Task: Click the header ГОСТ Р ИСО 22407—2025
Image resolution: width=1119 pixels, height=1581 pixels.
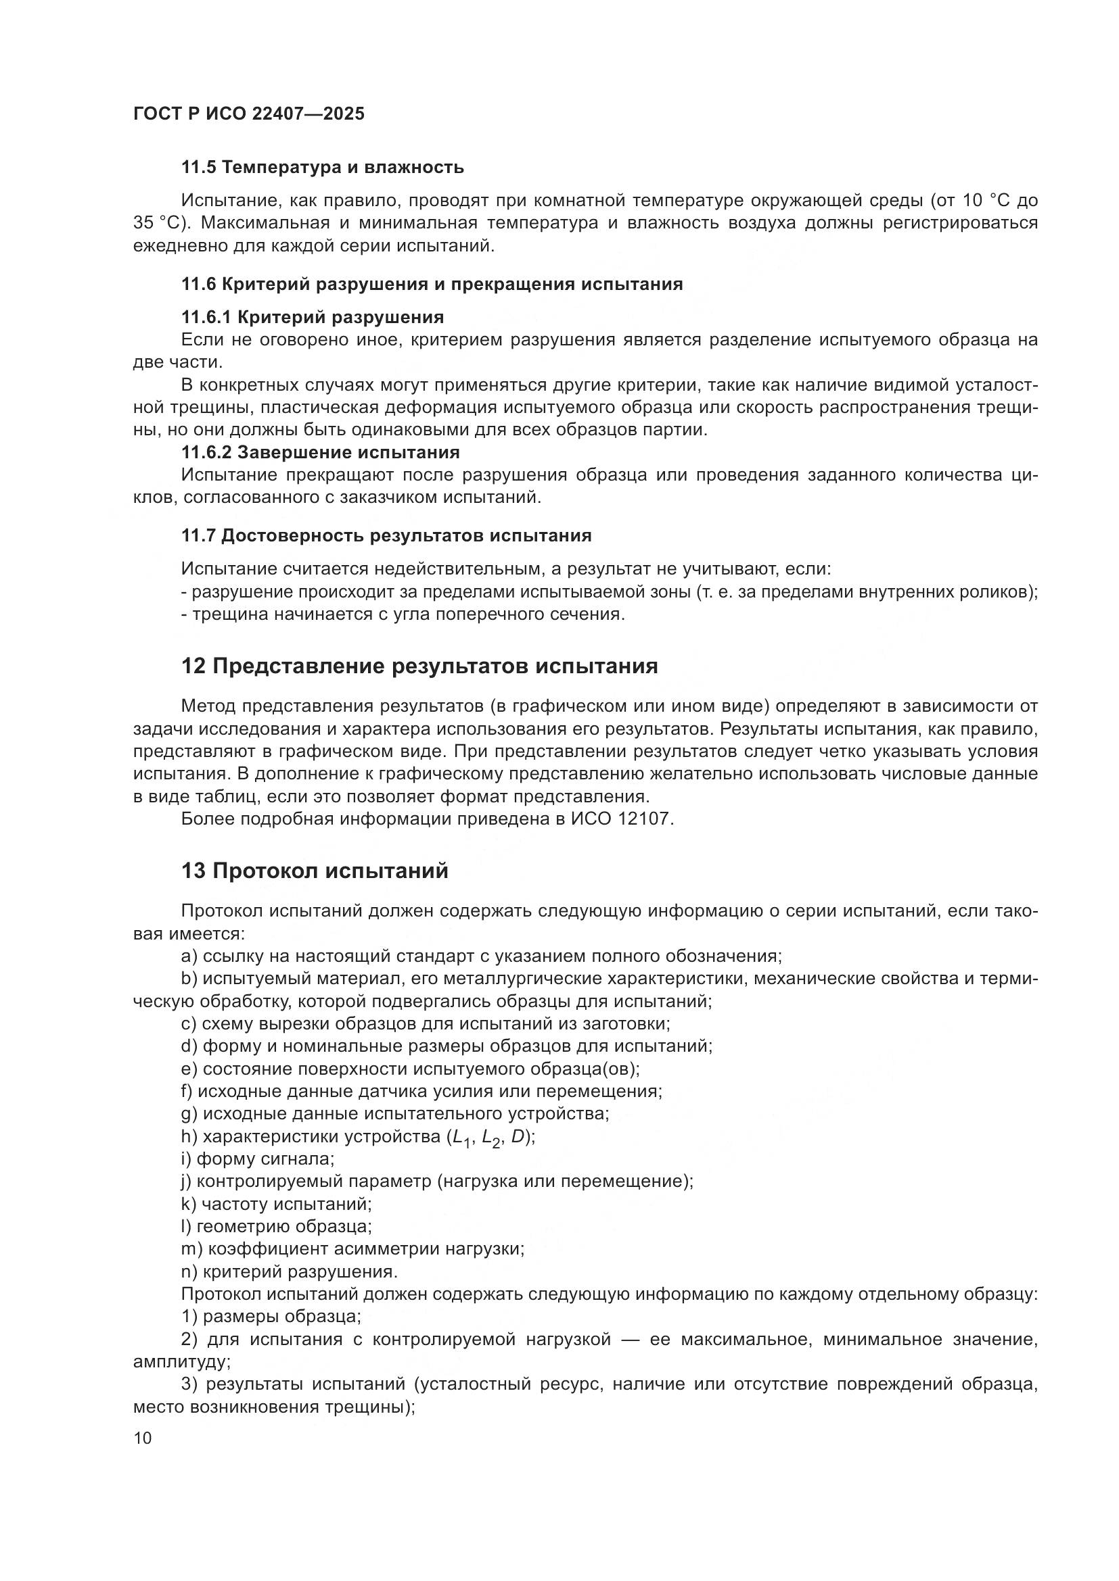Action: coord(249,114)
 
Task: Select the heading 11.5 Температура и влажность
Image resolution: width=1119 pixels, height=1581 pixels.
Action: coord(323,168)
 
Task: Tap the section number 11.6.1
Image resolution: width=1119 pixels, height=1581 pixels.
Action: coord(206,318)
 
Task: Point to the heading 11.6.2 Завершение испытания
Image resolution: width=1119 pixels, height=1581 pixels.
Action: coord(321,452)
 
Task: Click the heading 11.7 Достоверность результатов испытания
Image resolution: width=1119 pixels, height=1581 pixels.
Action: coord(386,536)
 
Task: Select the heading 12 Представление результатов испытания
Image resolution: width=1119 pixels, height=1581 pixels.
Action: coord(419,666)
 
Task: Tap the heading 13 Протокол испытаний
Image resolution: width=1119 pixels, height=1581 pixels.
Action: coord(315,871)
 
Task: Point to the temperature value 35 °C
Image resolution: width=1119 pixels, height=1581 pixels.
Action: coord(155,224)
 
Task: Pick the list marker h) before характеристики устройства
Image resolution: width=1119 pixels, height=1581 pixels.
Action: coord(189,1137)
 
